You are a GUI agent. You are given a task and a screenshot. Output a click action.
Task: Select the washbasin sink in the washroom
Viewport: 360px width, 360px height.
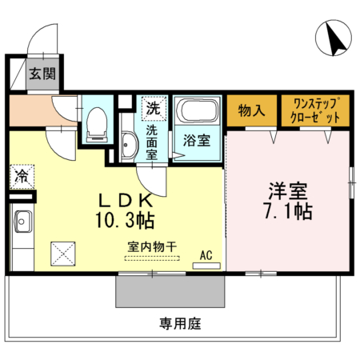tap(130, 146)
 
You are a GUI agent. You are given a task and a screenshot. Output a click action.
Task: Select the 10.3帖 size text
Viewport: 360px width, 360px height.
tap(128, 218)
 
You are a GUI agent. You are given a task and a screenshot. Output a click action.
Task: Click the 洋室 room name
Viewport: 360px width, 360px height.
tap(289, 192)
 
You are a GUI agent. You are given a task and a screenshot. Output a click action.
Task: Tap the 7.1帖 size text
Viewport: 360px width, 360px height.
tap(289, 212)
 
